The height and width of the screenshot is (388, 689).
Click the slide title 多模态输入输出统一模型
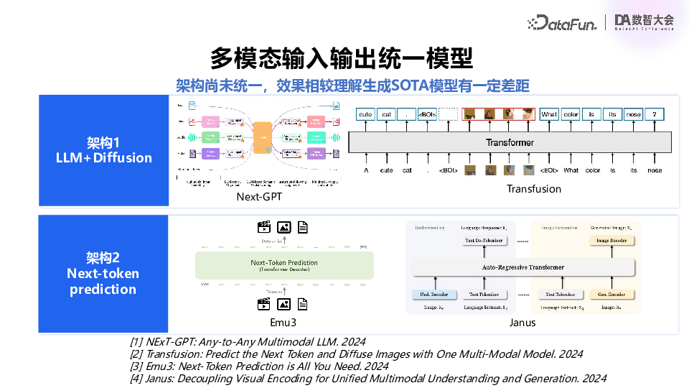click(342, 58)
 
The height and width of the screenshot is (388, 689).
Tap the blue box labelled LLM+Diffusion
click(104, 150)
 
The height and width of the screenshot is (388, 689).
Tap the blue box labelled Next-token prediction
click(103, 273)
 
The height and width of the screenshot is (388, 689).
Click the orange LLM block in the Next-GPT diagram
click(263, 137)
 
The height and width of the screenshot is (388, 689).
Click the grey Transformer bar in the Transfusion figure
click(510, 142)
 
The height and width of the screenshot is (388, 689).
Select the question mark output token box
click(655, 114)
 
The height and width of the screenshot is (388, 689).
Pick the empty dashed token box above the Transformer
click(448, 114)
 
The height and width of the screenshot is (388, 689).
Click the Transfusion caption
click(534, 188)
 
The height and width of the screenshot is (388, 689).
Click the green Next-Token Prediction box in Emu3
click(284, 265)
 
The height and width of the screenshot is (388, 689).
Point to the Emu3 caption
click(283, 323)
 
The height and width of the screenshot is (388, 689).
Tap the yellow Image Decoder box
click(612, 240)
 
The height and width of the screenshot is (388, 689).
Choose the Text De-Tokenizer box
click(484, 240)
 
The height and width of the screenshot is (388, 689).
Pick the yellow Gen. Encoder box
click(612, 295)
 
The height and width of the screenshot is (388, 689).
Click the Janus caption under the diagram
click(522, 323)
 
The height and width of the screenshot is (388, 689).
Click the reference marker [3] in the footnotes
click(136, 366)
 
